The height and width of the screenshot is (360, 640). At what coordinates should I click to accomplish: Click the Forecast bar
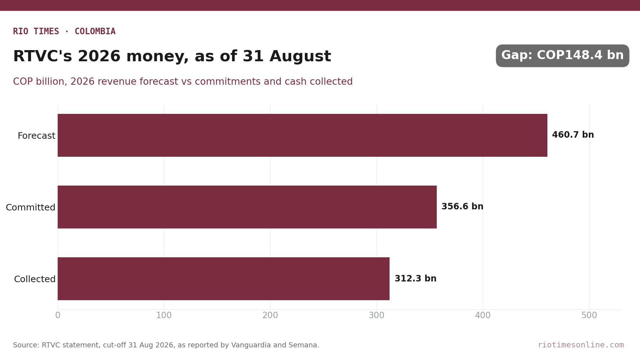pyautogui.click(x=302, y=135)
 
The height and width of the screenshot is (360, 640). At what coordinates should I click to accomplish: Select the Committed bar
pyautogui.click(x=247, y=207)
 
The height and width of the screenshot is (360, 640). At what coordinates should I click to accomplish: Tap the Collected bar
pyautogui.click(x=223, y=279)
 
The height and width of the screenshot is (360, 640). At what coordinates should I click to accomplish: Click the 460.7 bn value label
pyautogui.click(x=573, y=135)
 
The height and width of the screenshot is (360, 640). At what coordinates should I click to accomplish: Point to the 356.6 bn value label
pyautogui.click(x=462, y=207)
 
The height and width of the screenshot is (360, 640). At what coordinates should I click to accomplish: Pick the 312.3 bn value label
pyautogui.click(x=415, y=279)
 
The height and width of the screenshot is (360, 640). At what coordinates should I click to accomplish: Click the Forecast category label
pyautogui.click(x=36, y=136)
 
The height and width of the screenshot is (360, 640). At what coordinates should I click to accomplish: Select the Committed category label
pyautogui.click(x=31, y=208)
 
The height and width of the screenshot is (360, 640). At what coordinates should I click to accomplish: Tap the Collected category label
pyautogui.click(x=35, y=279)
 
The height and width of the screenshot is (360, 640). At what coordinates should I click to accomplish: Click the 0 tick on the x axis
pyautogui.click(x=58, y=316)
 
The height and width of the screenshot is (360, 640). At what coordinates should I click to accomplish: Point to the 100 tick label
pyautogui.click(x=164, y=316)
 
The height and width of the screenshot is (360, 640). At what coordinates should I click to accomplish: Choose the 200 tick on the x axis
pyautogui.click(x=270, y=316)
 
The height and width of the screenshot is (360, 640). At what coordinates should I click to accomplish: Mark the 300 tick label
pyautogui.click(x=377, y=316)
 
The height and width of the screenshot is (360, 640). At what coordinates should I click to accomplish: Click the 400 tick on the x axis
pyautogui.click(x=483, y=316)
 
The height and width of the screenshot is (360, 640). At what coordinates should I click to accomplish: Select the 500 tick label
pyautogui.click(x=589, y=316)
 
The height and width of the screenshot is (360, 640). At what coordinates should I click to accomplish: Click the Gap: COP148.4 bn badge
pyautogui.click(x=563, y=56)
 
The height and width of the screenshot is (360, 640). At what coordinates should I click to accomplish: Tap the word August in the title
pyautogui.click(x=300, y=57)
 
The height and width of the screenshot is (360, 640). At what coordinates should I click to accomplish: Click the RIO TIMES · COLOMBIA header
pyautogui.click(x=64, y=31)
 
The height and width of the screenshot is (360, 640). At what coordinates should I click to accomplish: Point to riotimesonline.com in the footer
pyautogui.click(x=581, y=345)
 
